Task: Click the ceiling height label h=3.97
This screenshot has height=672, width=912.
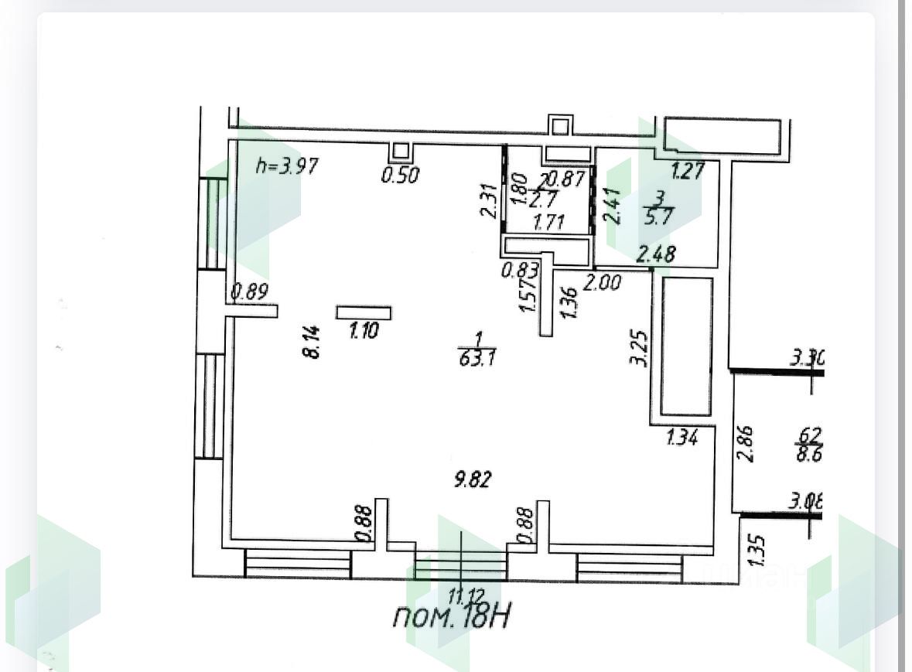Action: (x=287, y=166)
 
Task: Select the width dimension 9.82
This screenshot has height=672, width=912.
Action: (x=473, y=480)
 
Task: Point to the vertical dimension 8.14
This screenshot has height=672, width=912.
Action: (x=313, y=341)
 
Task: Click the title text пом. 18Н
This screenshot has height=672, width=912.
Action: (x=453, y=616)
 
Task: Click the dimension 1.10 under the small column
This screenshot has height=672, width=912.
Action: (x=364, y=332)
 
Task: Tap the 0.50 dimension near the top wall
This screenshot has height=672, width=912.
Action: (x=400, y=176)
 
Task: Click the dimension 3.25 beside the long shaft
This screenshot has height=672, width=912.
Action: (x=639, y=350)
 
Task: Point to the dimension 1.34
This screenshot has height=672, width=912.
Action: (x=683, y=438)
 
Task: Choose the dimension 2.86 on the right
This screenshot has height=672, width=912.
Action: (x=746, y=443)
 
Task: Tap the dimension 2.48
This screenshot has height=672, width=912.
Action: (x=656, y=254)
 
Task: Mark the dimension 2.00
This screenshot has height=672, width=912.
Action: (x=602, y=283)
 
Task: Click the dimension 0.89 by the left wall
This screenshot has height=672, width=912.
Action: (x=249, y=292)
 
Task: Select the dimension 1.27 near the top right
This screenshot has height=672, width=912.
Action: (x=688, y=170)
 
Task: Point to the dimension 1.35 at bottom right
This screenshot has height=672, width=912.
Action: (x=758, y=550)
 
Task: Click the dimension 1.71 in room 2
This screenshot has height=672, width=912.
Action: (x=549, y=222)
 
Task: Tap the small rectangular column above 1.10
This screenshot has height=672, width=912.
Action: (x=364, y=312)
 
